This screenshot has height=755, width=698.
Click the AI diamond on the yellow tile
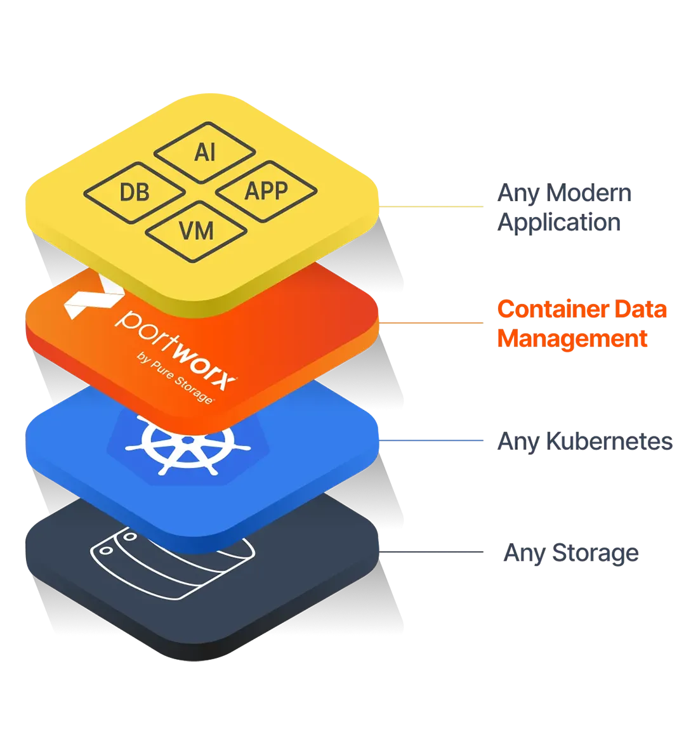point(205,152)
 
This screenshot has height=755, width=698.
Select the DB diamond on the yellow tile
point(135,192)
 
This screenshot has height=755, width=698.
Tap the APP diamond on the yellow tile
point(266,190)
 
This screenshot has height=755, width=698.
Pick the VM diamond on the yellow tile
point(197,230)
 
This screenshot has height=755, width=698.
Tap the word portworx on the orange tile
point(178,346)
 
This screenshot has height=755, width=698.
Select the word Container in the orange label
point(546,310)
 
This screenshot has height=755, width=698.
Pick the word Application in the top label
point(558,223)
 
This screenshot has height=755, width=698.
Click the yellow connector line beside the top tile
point(431,206)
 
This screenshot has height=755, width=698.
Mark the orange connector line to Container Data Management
point(431,323)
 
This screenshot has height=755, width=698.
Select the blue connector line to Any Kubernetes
point(431,439)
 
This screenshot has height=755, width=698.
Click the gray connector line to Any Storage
point(431,551)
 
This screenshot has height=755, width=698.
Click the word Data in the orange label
point(635,310)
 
